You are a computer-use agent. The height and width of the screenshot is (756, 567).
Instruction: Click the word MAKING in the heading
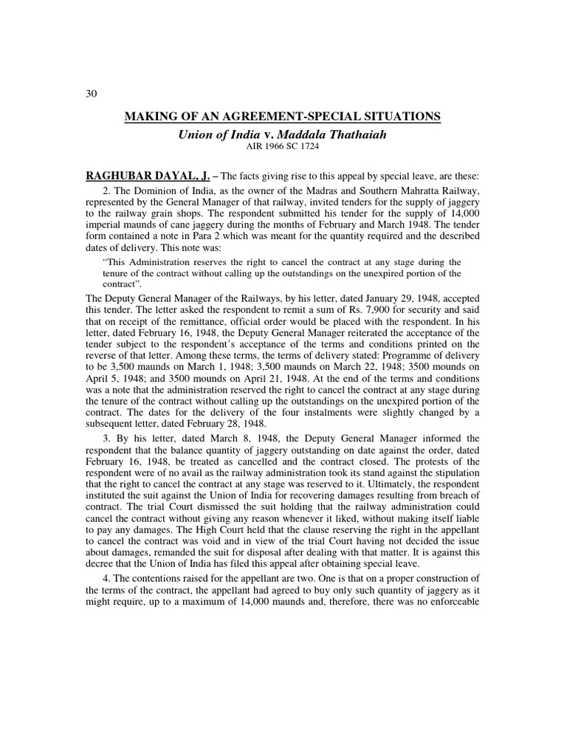click(x=150, y=117)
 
